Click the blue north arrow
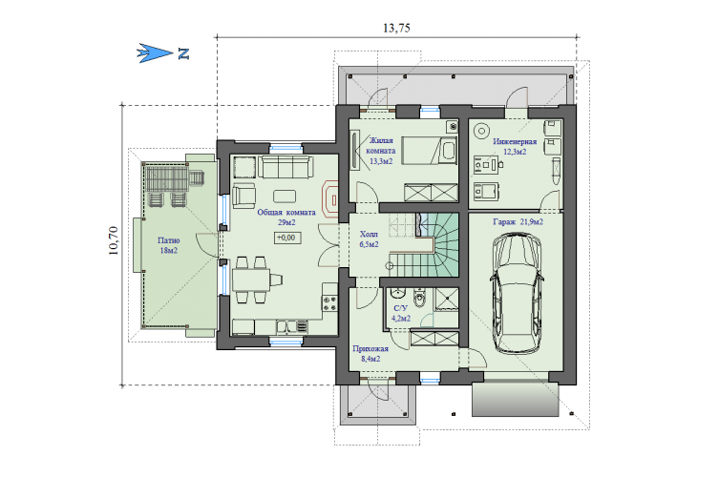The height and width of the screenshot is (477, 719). click(x=156, y=53)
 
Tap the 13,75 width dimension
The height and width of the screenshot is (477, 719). click(x=396, y=28)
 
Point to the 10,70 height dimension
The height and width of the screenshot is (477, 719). click(x=114, y=240)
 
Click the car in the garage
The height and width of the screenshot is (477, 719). click(x=517, y=294)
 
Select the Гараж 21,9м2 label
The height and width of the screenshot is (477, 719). click(x=518, y=221)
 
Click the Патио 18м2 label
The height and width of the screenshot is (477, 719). click(x=168, y=245)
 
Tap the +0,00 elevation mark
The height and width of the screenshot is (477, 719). click(x=286, y=238)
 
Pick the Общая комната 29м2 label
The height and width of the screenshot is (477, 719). click(x=286, y=218)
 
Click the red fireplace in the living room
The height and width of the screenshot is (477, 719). click(x=330, y=199)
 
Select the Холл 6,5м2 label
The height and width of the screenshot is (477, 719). click(x=369, y=239)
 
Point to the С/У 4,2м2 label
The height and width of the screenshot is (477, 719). click(x=400, y=313)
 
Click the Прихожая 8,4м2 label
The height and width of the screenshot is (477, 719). click(x=370, y=354)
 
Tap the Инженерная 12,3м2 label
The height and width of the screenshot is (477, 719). click(x=515, y=147)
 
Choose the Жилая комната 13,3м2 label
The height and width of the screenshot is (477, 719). click(x=381, y=151)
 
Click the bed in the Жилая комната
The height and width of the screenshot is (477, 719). click(x=429, y=150)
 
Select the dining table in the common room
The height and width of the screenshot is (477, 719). click(x=251, y=280)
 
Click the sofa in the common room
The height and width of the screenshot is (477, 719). click(x=285, y=167)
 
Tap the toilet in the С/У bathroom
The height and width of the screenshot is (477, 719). click(x=419, y=299)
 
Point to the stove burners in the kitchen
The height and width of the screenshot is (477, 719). click(x=329, y=302)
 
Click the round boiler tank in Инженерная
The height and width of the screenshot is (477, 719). click(x=481, y=131)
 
